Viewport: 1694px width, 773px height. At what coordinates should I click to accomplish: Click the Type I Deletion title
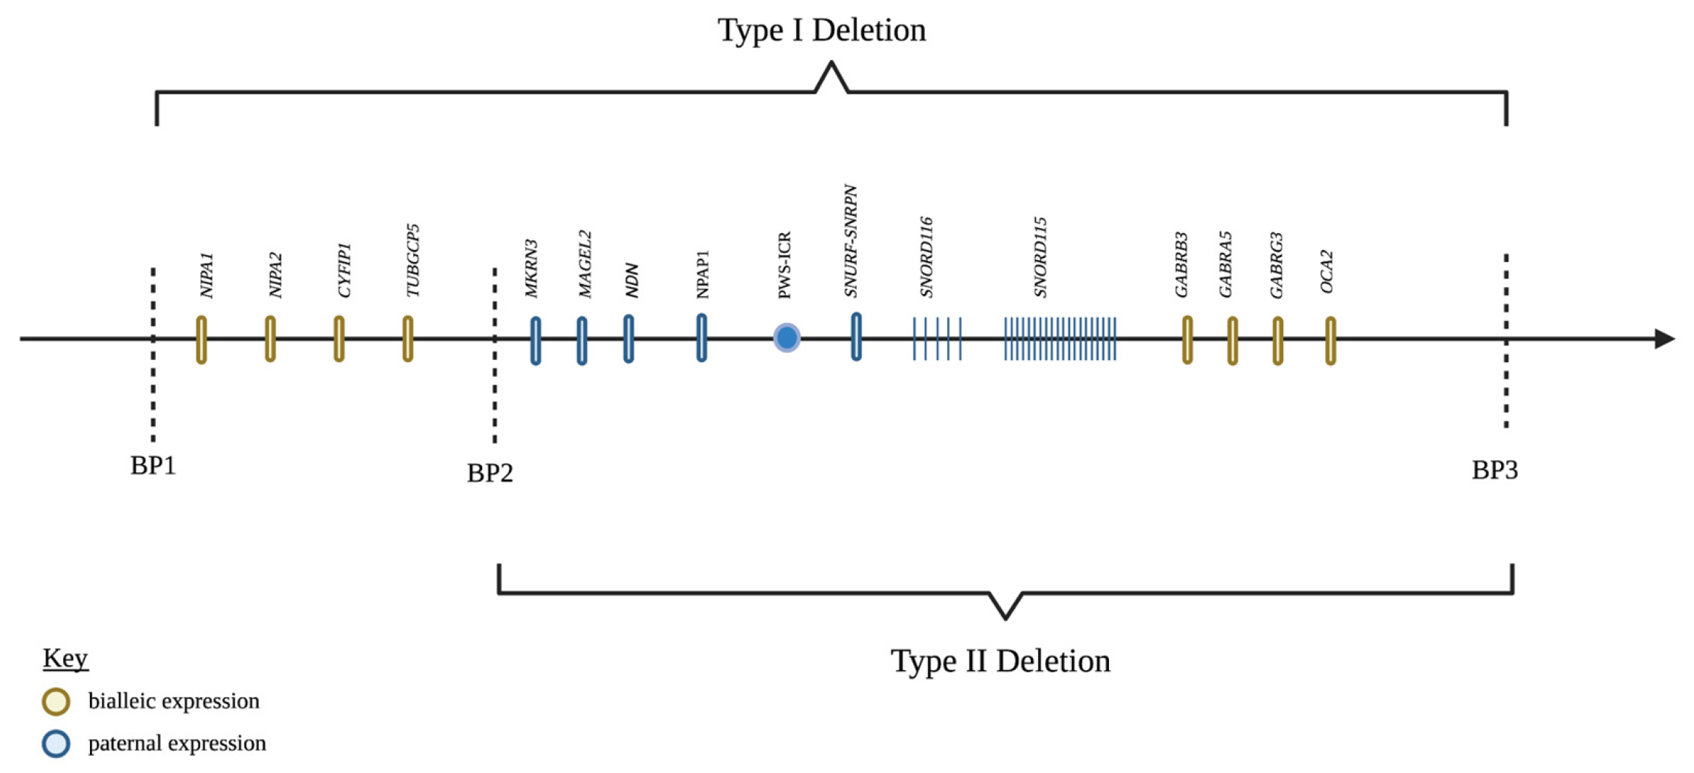click(821, 30)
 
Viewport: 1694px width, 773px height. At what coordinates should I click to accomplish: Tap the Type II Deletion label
click(1000, 661)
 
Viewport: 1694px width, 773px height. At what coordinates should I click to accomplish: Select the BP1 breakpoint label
click(153, 466)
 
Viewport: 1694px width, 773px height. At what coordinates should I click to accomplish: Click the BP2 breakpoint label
click(490, 473)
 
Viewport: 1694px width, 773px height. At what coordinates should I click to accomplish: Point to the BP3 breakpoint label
click(1494, 470)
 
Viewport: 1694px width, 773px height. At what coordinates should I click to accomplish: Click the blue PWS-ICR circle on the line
click(786, 338)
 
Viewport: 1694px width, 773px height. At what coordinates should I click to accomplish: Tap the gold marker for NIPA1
click(202, 339)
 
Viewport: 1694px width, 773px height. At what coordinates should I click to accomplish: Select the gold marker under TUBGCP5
click(408, 338)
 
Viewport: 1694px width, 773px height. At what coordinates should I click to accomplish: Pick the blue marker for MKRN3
click(536, 340)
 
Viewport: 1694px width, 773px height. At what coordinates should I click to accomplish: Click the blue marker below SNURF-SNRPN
click(856, 337)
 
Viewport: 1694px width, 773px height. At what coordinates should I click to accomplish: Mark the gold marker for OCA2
click(1330, 340)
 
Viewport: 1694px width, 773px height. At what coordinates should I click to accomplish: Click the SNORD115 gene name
click(1040, 257)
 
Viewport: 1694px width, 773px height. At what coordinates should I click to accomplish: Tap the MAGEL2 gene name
click(585, 264)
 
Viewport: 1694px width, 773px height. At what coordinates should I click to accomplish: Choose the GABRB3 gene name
click(1182, 264)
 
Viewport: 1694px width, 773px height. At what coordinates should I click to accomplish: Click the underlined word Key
click(65, 658)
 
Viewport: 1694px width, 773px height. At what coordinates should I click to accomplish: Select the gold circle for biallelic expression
click(56, 701)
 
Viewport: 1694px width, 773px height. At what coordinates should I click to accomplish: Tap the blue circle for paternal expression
click(56, 743)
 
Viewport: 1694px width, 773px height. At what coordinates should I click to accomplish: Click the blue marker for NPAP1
click(702, 338)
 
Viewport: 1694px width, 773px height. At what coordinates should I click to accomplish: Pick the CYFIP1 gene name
click(344, 270)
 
